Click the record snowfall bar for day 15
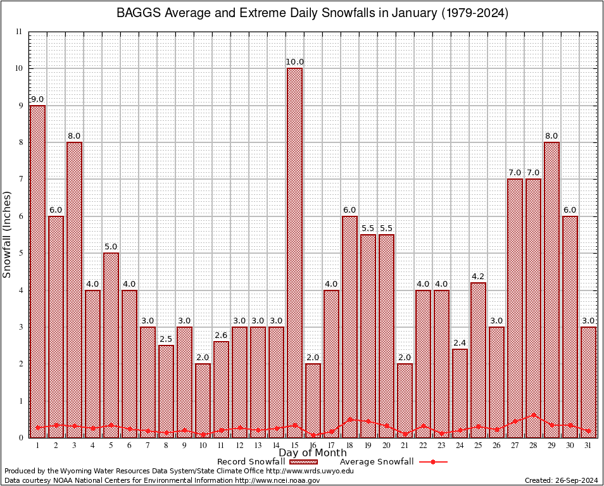point(294,253)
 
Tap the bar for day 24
point(460,392)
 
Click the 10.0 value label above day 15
point(294,62)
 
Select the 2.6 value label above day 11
point(221,335)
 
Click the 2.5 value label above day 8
point(166,339)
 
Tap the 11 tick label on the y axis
point(19,32)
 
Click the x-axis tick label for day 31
point(588,445)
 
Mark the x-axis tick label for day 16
point(313,445)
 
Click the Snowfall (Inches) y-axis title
point(8,234)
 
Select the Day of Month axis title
point(312,453)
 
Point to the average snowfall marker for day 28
point(533,415)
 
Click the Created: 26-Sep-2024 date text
point(561,480)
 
